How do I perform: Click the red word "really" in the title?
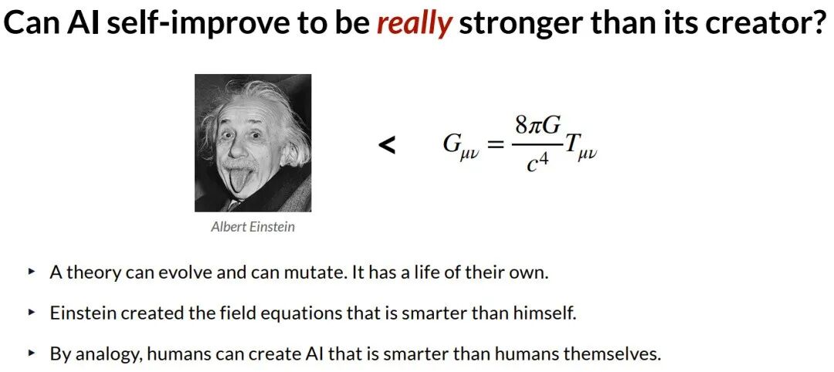pos(415,25)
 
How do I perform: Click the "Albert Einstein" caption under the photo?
pos(253,227)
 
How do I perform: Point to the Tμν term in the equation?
pos(580,147)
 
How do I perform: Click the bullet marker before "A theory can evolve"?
pos(32,272)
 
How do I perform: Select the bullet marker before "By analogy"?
pos(32,352)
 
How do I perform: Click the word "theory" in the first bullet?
pos(93,274)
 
